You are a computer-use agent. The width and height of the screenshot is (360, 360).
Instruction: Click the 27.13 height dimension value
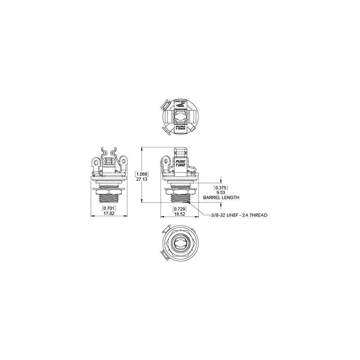click(142, 178)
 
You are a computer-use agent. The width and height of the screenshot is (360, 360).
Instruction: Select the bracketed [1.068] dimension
click(142, 173)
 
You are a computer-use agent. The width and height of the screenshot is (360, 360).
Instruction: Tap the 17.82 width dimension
click(108, 214)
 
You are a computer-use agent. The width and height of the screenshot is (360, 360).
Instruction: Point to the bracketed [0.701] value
click(108, 209)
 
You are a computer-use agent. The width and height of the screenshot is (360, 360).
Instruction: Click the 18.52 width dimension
click(180, 215)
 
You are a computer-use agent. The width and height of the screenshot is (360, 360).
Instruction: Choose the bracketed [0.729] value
click(180, 210)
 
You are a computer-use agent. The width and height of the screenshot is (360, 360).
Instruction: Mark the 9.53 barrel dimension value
click(220, 192)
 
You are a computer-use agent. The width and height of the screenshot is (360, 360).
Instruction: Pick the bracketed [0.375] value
click(220, 187)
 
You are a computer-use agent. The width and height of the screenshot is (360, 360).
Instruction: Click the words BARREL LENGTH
click(221, 198)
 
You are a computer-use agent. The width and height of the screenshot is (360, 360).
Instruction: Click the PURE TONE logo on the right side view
click(180, 161)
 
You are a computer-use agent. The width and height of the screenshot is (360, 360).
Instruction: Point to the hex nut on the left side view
click(108, 192)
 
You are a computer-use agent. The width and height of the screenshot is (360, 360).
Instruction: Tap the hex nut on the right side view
click(180, 193)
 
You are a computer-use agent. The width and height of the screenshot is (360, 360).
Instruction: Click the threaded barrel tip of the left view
click(108, 201)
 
